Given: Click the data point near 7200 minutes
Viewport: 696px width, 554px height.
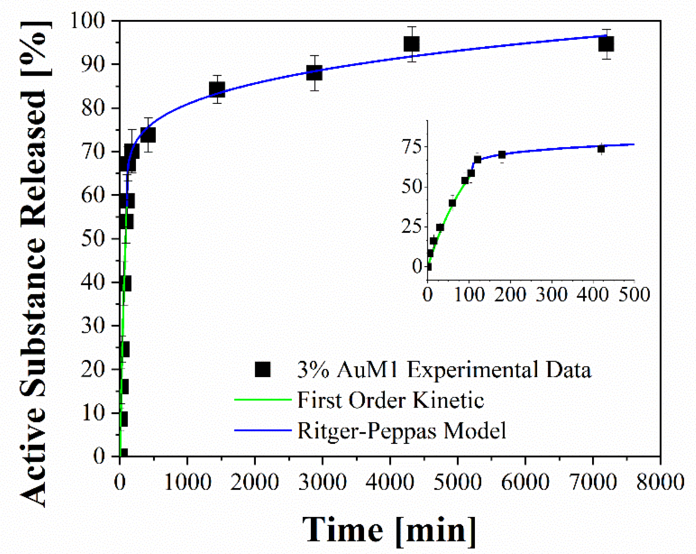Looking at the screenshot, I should tap(606, 44).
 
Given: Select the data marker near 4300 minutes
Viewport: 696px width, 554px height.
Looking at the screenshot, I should tap(412, 44).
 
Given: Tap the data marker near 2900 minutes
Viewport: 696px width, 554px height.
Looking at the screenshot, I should tap(314, 73).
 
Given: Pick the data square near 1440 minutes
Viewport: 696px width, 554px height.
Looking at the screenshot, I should tap(217, 89).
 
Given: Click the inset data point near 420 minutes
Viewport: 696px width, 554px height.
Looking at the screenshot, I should tap(601, 149).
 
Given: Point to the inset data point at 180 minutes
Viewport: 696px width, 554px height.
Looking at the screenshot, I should tap(502, 155).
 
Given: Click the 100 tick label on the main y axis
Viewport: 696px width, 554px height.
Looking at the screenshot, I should tap(87, 20).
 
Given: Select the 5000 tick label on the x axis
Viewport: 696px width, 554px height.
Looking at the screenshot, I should tap(457, 482).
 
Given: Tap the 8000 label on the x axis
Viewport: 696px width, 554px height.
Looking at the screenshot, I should tap(660, 482).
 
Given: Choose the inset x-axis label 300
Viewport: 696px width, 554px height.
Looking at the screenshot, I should tap(551, 294).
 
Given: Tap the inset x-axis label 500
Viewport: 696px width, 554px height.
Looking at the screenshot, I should tap(634, 294).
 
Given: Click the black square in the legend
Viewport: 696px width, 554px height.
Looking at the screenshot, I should tap(262, 369).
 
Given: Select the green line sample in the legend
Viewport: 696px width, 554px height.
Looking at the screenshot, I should tap(262, 400).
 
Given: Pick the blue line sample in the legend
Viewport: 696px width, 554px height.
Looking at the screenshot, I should tap(262, 430).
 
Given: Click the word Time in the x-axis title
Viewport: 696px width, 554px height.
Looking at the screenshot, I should tap(343, 530).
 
